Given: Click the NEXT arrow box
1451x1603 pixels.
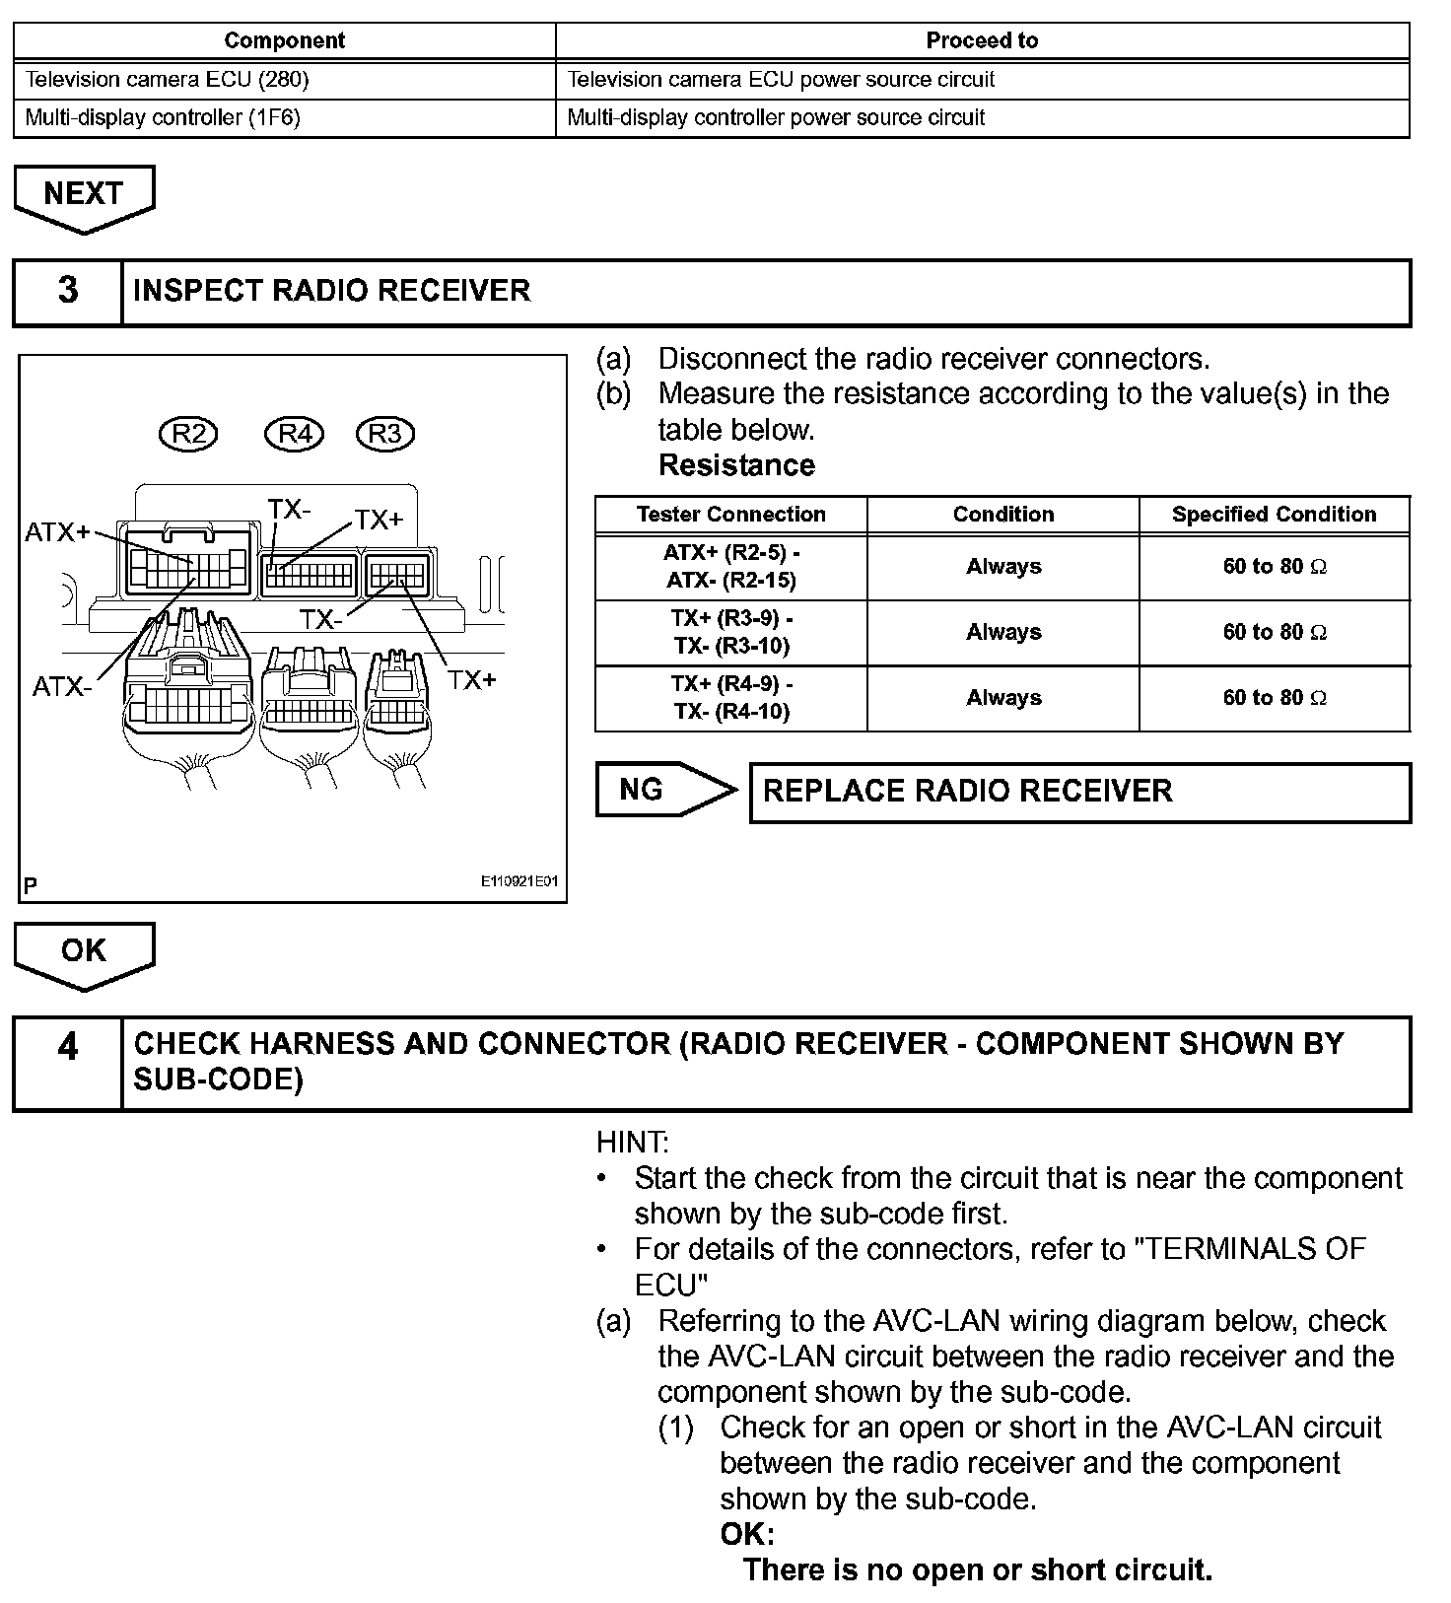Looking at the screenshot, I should (x=84, y=194).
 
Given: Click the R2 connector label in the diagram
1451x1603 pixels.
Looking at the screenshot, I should (x=188, y=434).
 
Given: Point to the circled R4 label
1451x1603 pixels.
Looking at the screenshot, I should (x=295, y=434).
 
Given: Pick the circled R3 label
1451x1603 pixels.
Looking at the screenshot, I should (x=385, y=434).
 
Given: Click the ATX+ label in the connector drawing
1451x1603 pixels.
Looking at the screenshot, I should (x=57, y=532).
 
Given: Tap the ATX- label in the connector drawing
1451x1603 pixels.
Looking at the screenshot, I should (x=61, y=686).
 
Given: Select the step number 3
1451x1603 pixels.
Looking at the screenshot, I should (x=67, y=291).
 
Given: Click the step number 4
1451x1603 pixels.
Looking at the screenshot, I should (x=67, y=1046).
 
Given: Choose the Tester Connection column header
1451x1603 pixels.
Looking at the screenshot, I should (x=730, y=514).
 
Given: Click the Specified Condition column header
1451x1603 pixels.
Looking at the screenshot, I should (x=1274, y=514).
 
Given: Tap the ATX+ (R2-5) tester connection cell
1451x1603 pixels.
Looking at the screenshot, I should (x=730, y=567).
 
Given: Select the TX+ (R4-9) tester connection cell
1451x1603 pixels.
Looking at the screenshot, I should (x=730, y=698).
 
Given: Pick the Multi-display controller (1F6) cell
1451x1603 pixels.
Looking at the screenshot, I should (x=163, y=117).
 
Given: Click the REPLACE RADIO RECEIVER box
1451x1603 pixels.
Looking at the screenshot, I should (x=1079, y=792).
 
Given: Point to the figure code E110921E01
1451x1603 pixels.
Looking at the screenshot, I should (x=518, y=881).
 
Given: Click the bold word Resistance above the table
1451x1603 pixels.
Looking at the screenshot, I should (x=736, y=465).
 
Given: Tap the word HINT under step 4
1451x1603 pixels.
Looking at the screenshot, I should (x=632, y=1143).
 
